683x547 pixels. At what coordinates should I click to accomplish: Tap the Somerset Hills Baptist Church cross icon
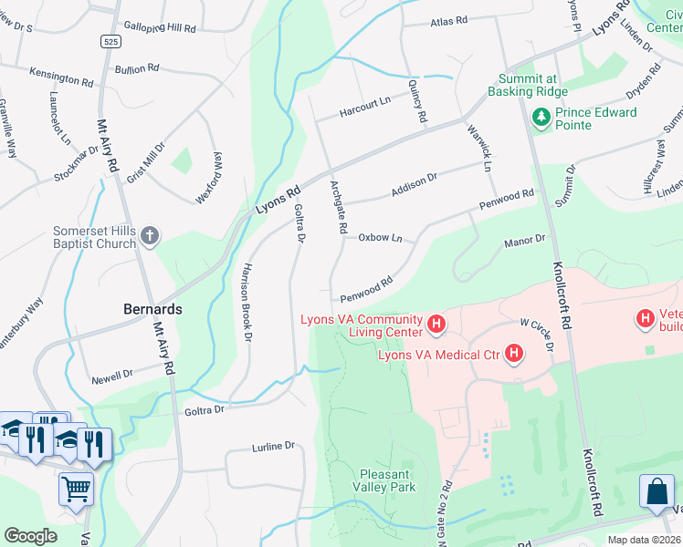tap(150, 237)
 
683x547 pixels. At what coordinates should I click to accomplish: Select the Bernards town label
tap(152, 309)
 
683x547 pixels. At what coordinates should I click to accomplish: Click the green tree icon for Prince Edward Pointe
tap(540, 118)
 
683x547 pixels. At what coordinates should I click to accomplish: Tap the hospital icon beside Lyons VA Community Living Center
tap(436, 324)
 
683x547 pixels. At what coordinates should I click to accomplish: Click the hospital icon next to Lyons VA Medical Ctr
tap(514, 353)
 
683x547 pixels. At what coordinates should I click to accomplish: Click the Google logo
tap(30, 536)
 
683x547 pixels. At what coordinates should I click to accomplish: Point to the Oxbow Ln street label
tap(380, 237)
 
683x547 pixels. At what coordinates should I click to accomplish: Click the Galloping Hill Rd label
tap(160, 28)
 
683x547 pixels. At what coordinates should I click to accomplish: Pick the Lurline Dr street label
tap(274, 447)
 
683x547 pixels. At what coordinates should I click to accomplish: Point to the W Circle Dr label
tap(537, 333)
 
